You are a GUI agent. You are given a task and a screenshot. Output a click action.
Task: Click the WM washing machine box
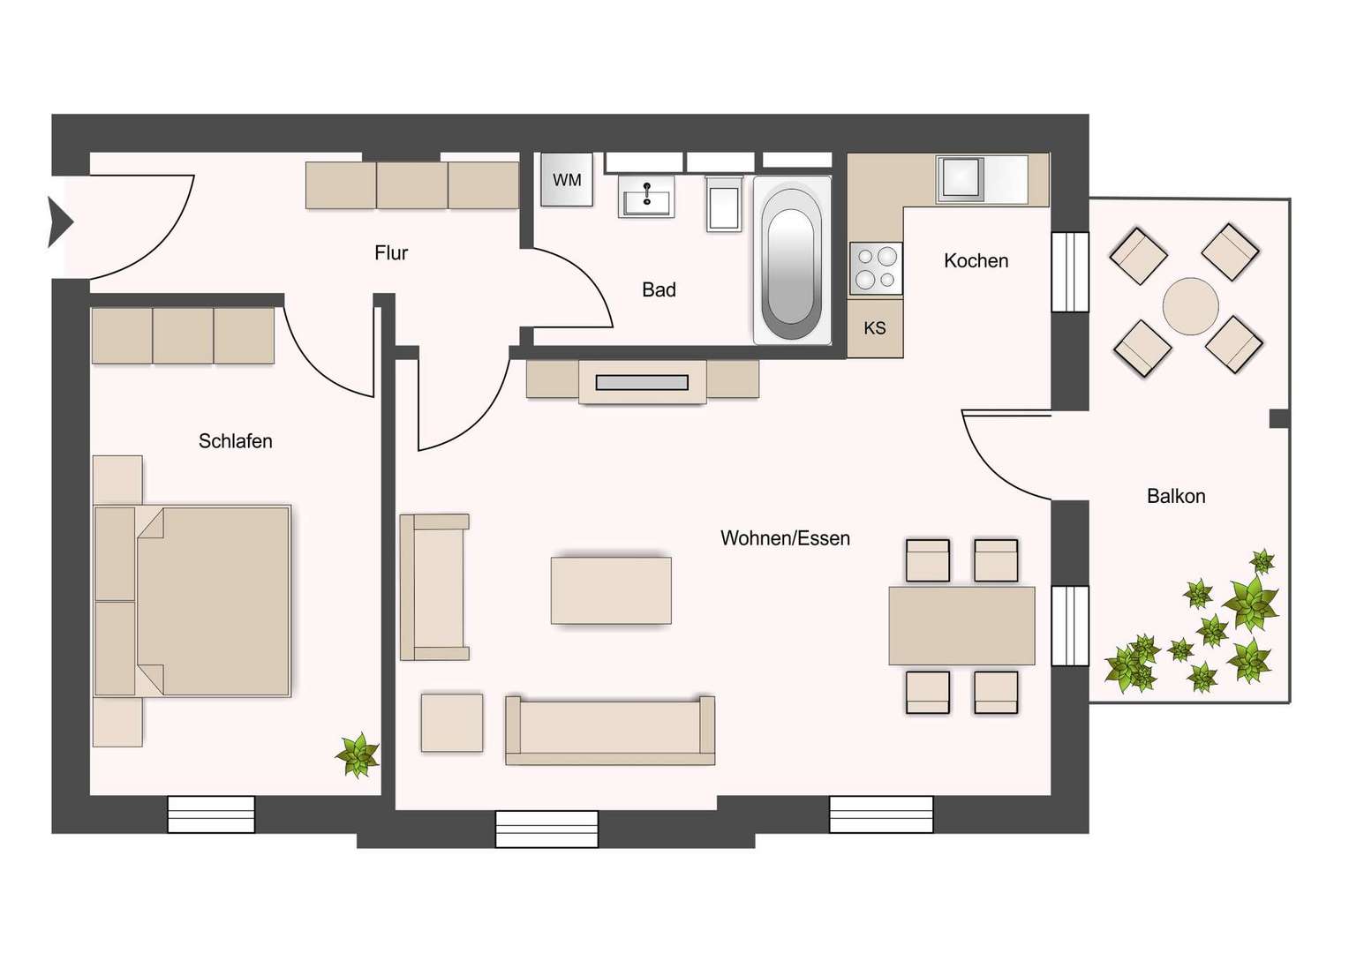(567, 180)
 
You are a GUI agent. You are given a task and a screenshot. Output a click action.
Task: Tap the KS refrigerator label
(875, 328)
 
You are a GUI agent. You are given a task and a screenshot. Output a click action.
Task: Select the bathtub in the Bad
(792, 260)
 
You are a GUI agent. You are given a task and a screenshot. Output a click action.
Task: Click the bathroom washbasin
(647, 196)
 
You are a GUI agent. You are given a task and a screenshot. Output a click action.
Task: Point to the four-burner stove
(876, 268)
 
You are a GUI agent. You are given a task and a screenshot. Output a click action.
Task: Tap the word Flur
(391, 253)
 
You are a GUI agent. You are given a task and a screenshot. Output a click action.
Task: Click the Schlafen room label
(235, 441)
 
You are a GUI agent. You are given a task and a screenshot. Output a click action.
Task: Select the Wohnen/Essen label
(785, 538)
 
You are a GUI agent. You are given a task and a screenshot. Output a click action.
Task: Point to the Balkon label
(1176, 496)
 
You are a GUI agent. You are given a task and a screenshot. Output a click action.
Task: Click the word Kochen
(976, 260)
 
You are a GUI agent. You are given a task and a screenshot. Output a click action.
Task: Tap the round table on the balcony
(1190, 306)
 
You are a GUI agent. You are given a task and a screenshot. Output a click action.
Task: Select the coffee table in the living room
(611, 590)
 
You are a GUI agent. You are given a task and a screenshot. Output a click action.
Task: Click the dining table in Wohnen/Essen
(961, 626)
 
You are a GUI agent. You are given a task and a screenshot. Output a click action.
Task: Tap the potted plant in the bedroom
(358, 755)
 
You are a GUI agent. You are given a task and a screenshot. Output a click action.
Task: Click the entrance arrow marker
(59, 221)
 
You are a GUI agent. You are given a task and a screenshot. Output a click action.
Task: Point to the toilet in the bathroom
(724, 205)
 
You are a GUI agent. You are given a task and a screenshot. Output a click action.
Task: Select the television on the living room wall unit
(642, 382)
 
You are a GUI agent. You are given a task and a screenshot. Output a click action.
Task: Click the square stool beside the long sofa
(452, 723)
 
